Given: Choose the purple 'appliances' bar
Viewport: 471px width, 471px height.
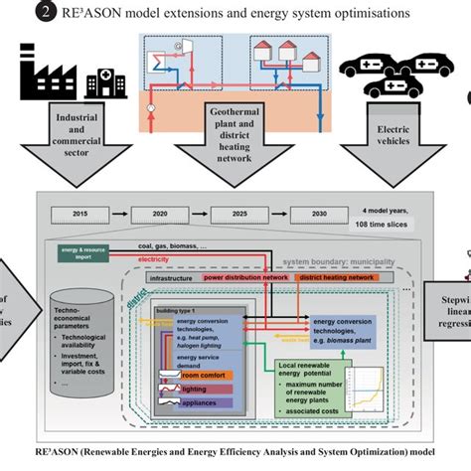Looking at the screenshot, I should click(x=205, y=404).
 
